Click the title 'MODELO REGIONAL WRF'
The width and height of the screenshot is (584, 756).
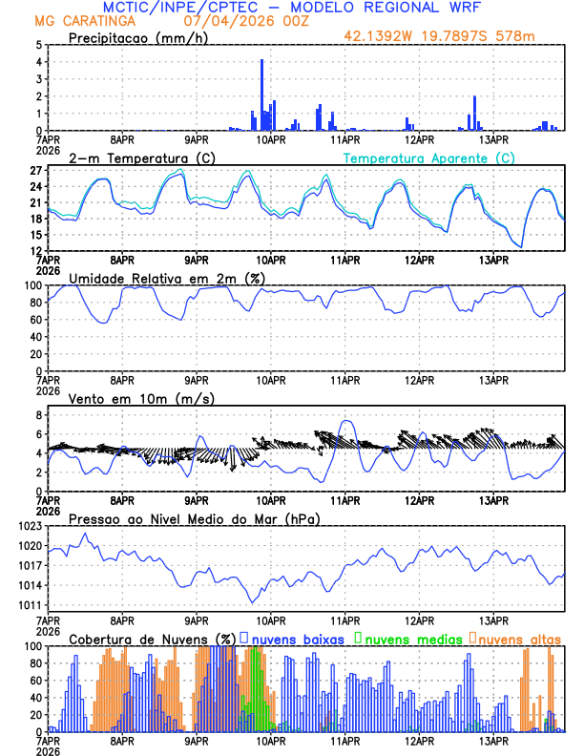pyautogui.click(x=394, y=7)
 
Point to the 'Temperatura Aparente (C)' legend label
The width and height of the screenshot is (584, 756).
pyautogui.click(x=429, y=157)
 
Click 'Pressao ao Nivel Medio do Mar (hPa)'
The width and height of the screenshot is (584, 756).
pyautogui.click(x=194, y=518)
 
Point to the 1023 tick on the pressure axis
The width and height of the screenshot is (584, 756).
pyautogui.click(x=31, y=526)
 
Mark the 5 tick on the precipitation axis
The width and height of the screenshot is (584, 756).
pyautogui.click(x=39, y=45)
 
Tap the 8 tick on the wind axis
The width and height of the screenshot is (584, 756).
pyautogui.click(x=39, y=415)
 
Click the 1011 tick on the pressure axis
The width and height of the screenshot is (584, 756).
pyautogui.click(x=31, y=605)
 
